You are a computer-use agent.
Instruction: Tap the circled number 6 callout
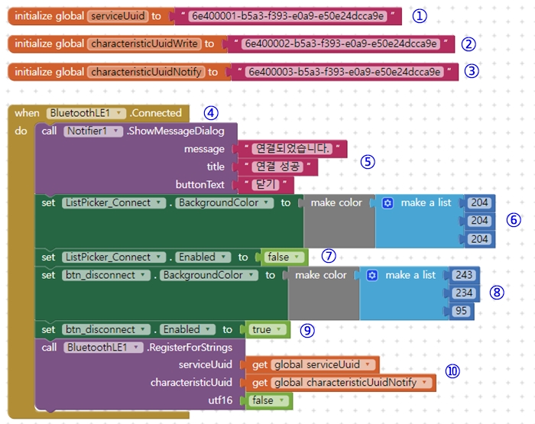point(514,220)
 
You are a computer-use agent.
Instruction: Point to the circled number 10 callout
point(452,371)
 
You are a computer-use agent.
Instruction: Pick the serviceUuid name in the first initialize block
point(117,15)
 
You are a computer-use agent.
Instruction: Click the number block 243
point(464,275)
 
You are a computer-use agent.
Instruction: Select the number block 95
point(460,312)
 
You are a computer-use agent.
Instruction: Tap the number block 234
point(464,293)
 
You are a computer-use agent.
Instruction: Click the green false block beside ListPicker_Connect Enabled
point(283,257)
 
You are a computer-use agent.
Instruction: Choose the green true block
point(267,330)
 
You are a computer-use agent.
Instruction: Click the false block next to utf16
point(267,400)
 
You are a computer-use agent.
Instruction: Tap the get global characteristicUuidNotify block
point(340,383)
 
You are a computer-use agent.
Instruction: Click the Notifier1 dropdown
point(93,131)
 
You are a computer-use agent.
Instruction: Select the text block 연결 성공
point(278,167)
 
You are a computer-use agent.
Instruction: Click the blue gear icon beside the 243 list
point(373,275)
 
